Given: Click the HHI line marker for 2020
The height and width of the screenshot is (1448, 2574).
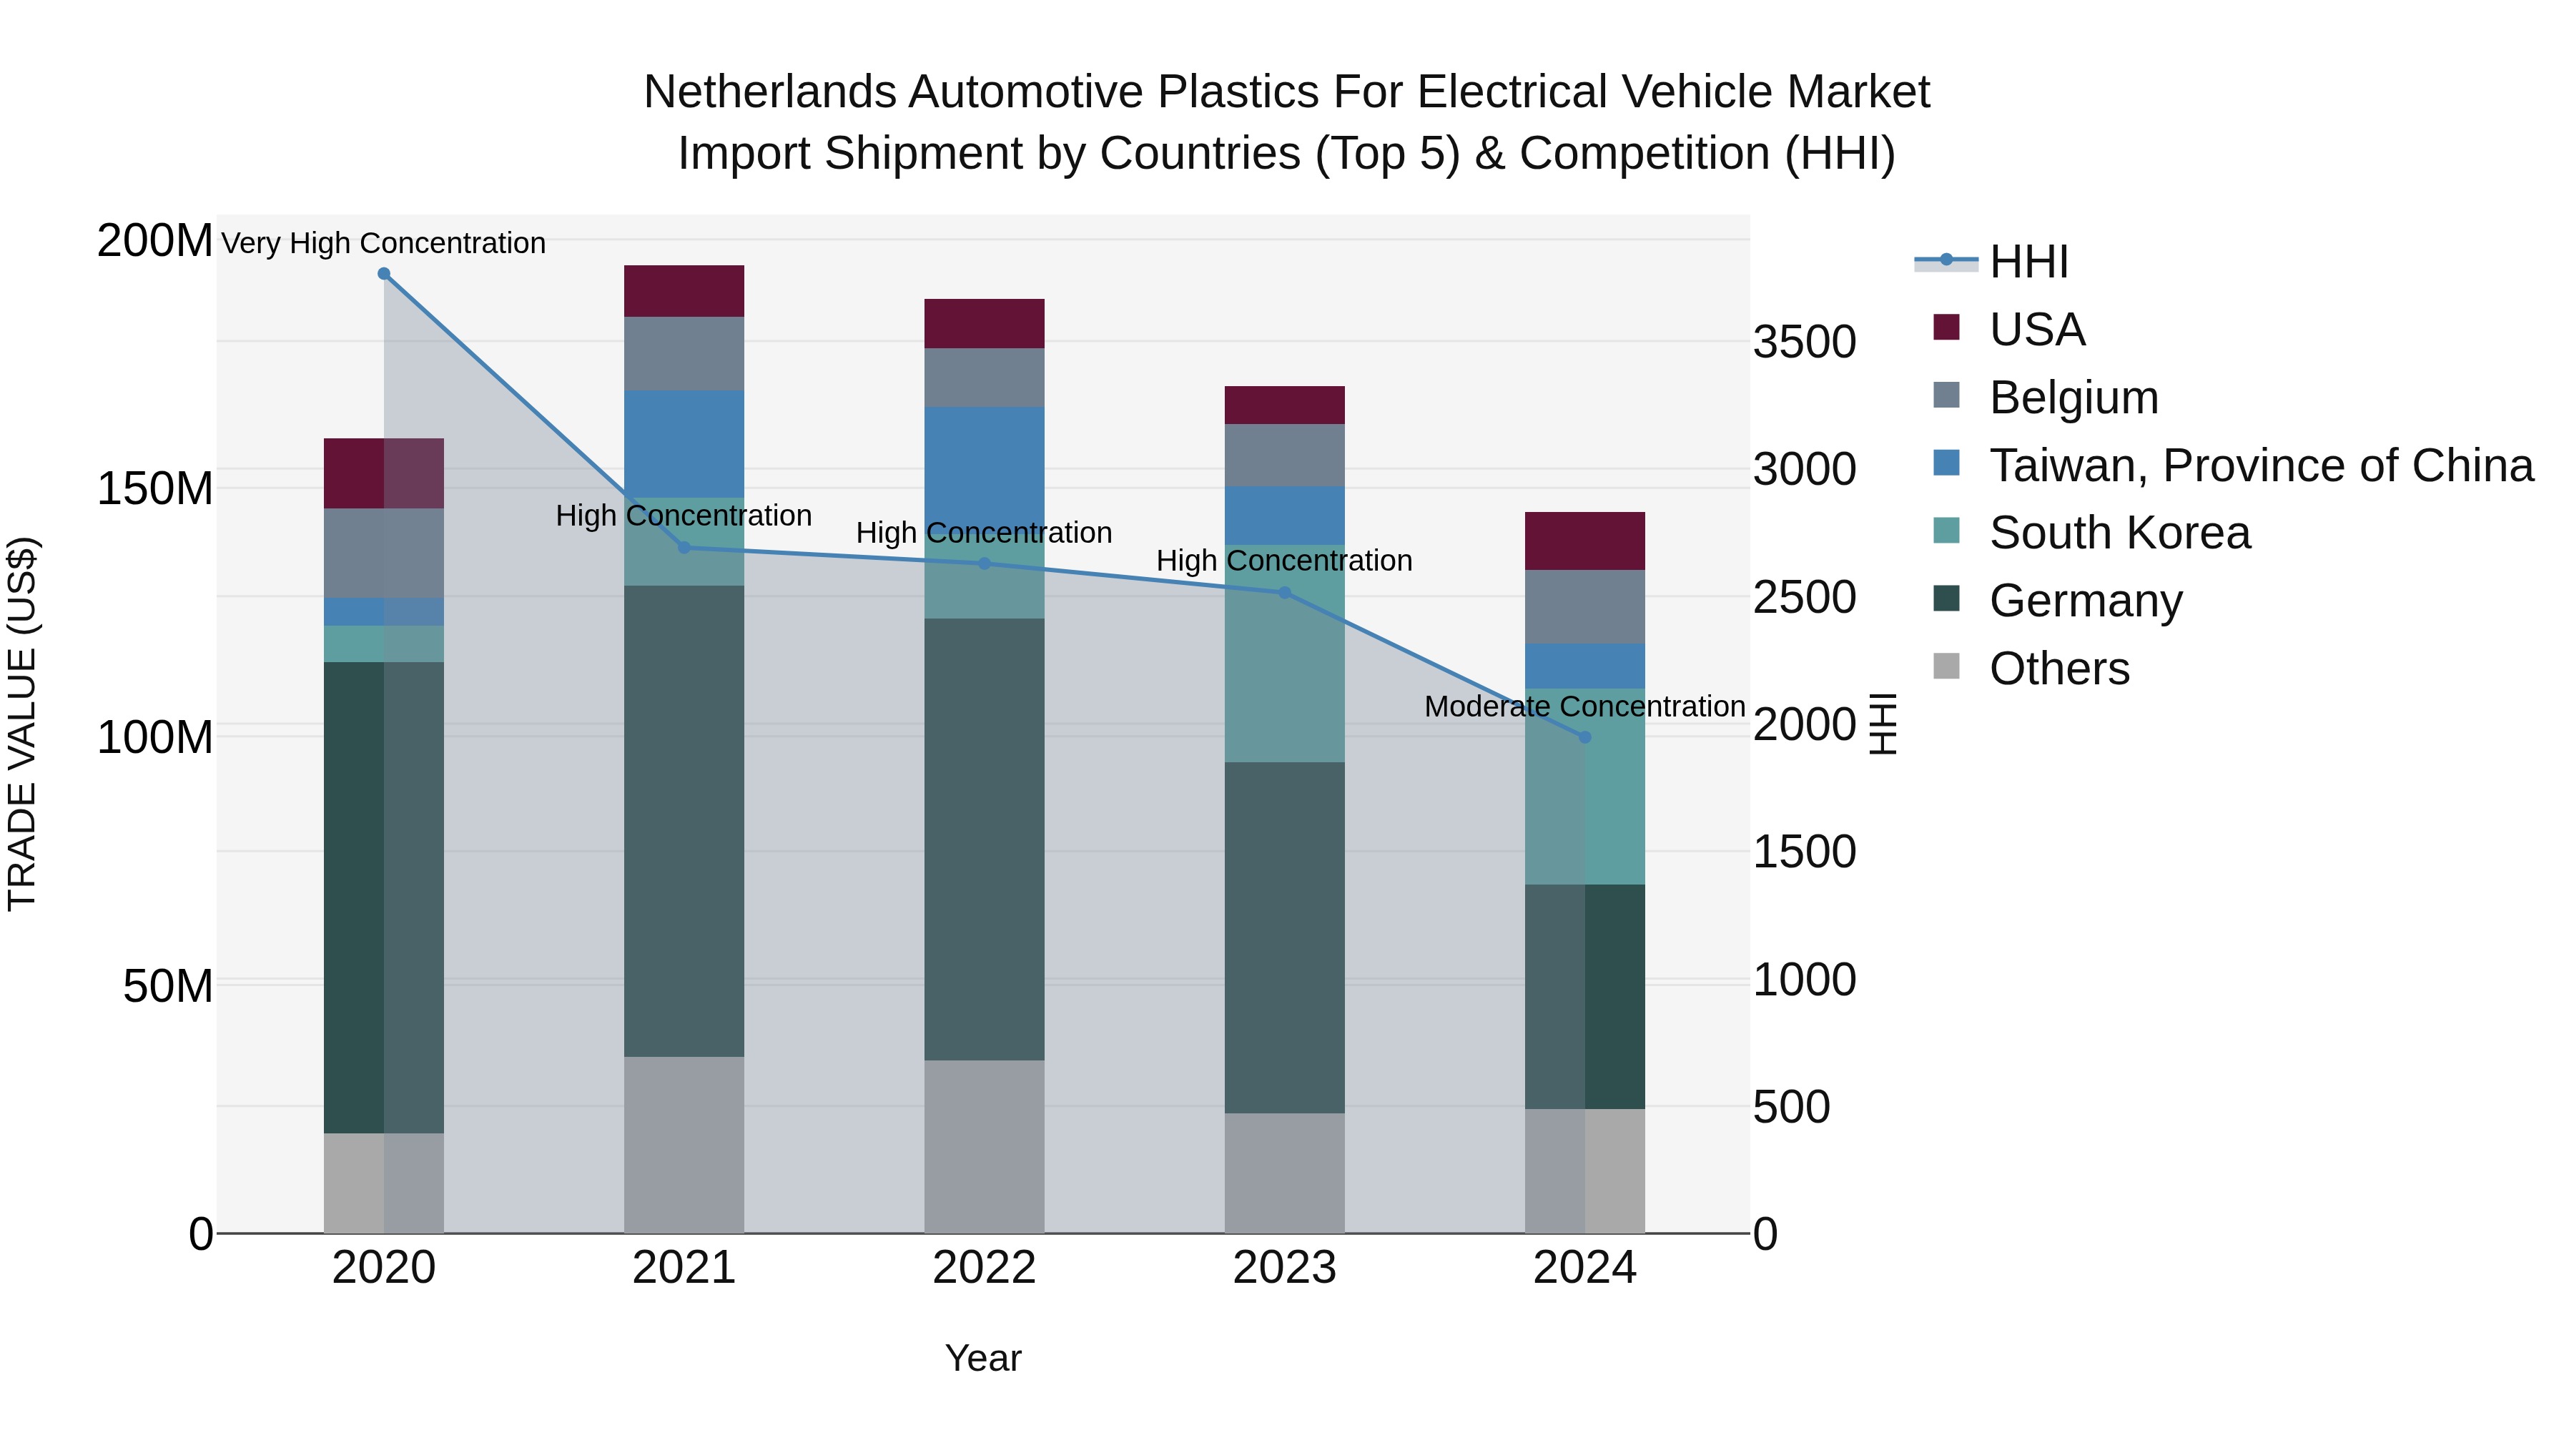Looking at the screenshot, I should pos(384,274).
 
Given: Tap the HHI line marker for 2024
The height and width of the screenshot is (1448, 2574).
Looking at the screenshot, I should pos(1584,737).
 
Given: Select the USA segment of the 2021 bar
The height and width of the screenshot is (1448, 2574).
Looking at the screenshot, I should pos(684,291).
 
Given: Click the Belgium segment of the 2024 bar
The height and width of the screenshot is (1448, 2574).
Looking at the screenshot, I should pos(1584,606).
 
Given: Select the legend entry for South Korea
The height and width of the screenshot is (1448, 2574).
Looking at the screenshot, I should pos(2119,533).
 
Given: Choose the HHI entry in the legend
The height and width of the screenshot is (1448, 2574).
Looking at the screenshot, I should pos(2028,262).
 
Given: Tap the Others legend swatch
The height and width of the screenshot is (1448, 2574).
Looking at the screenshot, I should pos(1946,666).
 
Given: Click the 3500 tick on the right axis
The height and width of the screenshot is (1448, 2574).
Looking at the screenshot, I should pos(1804,342).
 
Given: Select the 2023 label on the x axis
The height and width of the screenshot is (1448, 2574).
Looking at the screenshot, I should pos(1284,1268).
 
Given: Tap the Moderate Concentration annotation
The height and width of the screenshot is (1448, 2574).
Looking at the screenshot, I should pos(1584,706).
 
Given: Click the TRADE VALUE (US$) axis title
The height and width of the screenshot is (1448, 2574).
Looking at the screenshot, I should pos(22,724).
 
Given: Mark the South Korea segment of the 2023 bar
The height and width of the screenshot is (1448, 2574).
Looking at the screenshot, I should pos(1284,654).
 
